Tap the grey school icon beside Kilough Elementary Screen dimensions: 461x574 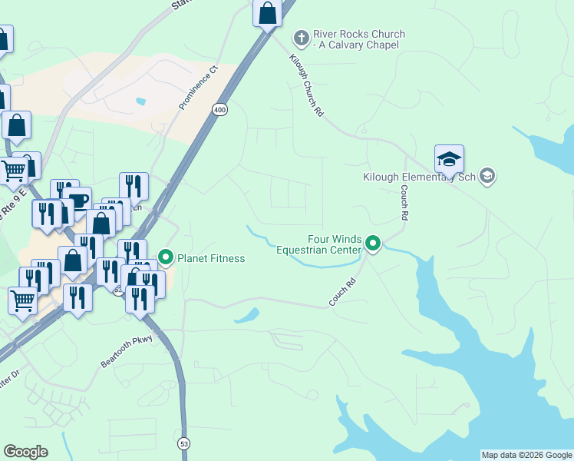[487, 177]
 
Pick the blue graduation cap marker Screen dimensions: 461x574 [449, 160]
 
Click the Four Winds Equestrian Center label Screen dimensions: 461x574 [318, 244]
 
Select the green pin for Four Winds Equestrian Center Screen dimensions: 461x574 [373, 244]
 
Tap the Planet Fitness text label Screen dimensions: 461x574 [211, 258]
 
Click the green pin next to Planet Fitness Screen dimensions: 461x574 [164, 257]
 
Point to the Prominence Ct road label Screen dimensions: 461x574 [199, 87]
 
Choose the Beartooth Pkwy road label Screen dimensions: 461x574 [127, 350]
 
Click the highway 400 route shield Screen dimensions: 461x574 [220, 111]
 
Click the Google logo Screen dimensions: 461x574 [25, 452]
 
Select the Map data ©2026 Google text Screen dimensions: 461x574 [526, 455]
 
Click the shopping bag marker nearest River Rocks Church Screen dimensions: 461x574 [267, 14]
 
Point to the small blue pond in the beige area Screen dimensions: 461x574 [140, 101]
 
